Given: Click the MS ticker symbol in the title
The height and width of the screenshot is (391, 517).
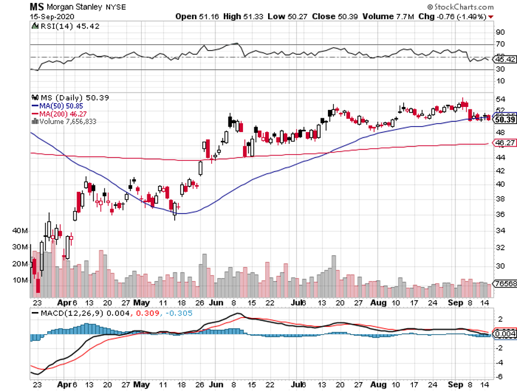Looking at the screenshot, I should click(37, 5).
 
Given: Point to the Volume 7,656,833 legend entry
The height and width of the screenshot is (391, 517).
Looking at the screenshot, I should click(66, 121).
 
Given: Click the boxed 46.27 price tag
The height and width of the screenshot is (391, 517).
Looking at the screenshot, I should click(505, 143).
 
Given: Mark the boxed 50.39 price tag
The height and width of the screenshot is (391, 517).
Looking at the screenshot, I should click(505, 120).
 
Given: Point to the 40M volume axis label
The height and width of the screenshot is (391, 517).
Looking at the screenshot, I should click(20, 231).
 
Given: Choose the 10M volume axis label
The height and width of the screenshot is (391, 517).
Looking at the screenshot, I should click(20, 280).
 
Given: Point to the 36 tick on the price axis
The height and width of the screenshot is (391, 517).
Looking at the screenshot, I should click(501, 214).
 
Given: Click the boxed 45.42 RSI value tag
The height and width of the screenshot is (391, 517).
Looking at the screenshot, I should click(505, 59).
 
